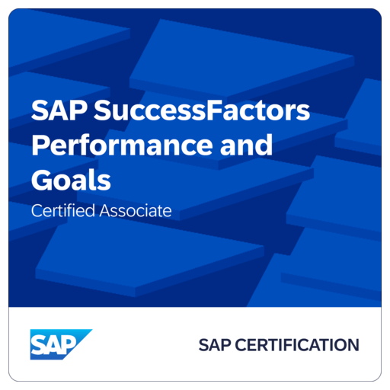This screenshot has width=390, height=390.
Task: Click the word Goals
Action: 71,180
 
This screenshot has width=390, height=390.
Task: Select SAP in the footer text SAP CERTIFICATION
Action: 214,345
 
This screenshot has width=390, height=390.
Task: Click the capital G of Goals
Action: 43,180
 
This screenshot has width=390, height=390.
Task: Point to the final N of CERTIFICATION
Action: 353,345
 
